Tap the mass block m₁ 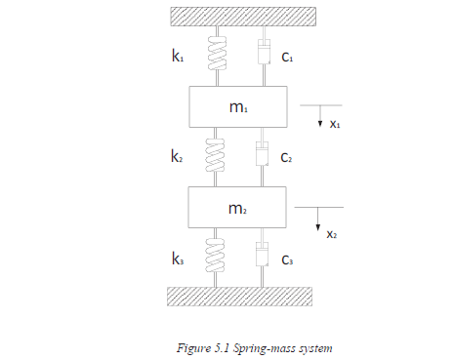coord(238,106)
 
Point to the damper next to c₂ coord(262,156)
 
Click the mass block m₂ coord(238,208)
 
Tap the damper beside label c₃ coord(262,259)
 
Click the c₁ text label coord(288,58)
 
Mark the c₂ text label coord(288,158)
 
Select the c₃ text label coord(288,260)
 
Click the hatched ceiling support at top coord(238,17)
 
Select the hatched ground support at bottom coord(238,296)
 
